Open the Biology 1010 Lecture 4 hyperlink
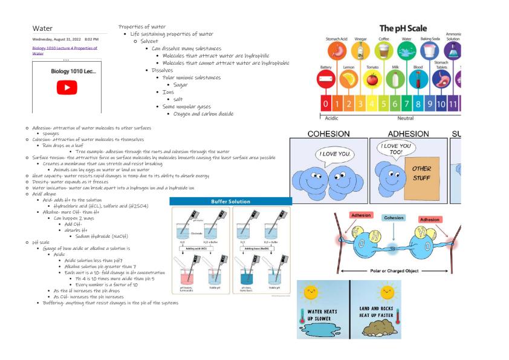(64, 50)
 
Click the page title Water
(43, 28)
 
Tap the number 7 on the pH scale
(407, 102)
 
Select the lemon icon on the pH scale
(348, 79)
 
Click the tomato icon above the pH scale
(372, 79)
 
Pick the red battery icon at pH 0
(326, 79)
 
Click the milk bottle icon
(395, 79)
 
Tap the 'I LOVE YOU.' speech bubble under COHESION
(334, 154)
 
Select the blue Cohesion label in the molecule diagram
(394, 217)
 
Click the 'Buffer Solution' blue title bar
(230, 201)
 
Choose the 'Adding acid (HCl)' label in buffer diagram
(193, 248)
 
